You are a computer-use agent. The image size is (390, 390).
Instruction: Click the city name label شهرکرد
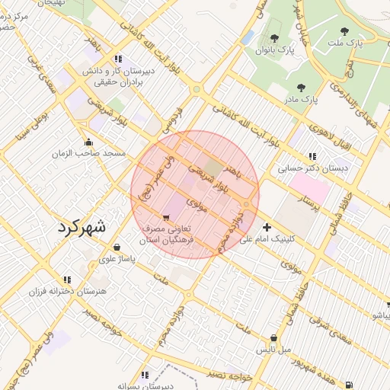pos(84,228)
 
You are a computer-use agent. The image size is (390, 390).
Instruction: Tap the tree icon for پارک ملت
pos(344,32)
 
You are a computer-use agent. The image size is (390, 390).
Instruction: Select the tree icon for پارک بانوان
pos(274,38)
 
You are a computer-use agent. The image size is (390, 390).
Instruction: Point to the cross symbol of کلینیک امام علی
pos(267,227)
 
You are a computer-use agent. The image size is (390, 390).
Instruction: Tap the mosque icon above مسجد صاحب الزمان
pos(89,142)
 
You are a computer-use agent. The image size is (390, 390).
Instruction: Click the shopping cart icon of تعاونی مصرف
pos(167,218)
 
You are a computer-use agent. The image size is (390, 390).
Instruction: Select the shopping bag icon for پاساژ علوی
pos(117,247)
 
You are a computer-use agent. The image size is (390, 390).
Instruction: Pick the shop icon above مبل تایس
pos(273,338)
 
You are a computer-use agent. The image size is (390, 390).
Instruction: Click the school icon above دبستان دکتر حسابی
pos(312,156)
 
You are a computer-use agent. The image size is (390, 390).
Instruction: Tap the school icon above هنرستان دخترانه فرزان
pos(68,280)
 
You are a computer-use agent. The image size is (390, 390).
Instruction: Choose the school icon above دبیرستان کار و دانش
pos(117,59)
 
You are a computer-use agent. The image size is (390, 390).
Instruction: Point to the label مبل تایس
pos(275,350)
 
